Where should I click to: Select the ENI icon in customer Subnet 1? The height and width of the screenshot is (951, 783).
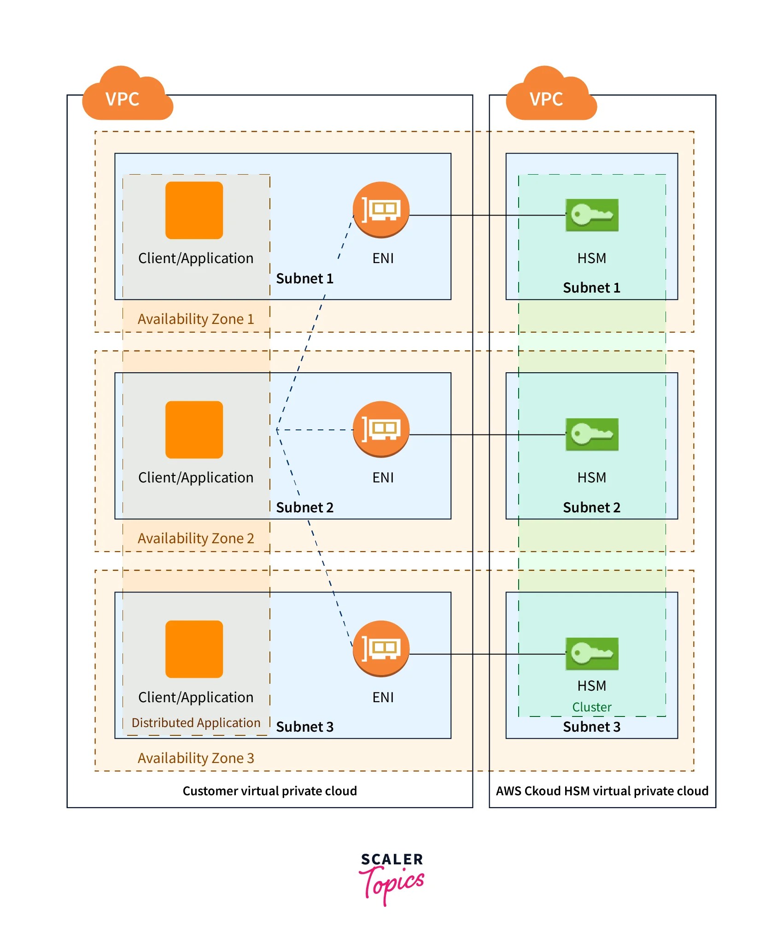click(381, 210)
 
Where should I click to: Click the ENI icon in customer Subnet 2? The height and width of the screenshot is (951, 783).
click(381, 429)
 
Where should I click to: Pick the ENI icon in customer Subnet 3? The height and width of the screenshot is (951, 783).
click(381, 649)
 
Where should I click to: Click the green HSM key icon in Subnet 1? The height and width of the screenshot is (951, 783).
click(592, 215)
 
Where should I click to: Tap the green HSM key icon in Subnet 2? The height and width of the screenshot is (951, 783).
click(592, 434)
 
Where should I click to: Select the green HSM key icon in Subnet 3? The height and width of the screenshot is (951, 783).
click(592, 654)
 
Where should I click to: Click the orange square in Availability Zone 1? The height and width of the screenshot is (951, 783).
click(194, 211)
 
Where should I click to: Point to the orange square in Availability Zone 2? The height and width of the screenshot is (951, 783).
click(194, 430)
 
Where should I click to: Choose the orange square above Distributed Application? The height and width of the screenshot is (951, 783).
click(194, 649)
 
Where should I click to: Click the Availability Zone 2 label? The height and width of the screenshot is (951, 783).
click(196, 538)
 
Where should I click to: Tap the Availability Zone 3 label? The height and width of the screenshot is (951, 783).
click(196, 758)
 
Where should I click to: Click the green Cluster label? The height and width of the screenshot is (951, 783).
click(592, 707)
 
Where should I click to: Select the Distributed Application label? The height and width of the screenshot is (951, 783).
click(196, 722)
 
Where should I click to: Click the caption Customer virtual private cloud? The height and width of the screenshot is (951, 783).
click(269, 791)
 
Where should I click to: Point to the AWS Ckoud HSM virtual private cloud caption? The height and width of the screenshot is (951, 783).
click(602, 791)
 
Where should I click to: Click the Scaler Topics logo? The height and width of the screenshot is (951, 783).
click(391, 878)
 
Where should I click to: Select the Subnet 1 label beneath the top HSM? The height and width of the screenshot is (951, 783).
click(592, 288)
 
